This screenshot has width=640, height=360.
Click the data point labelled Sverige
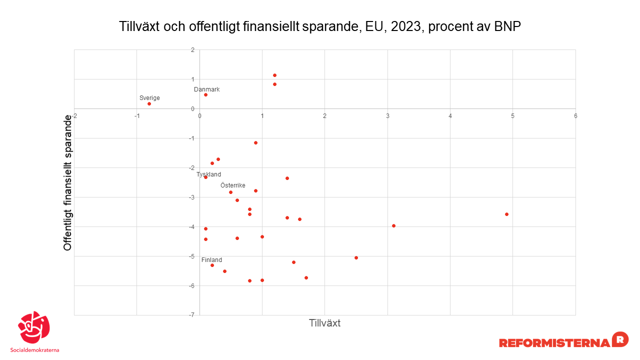(149, 103)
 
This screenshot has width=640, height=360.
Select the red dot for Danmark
(205, 94)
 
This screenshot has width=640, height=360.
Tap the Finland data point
(212, 265)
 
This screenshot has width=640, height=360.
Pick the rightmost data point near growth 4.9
(506, 214)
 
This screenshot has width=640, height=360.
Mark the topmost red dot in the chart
(274, 75)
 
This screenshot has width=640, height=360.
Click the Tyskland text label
(208, 174)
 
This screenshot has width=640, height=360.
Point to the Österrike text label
(233, 185)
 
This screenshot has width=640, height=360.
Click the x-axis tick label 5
(512, 116)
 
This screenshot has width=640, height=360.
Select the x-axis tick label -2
(74, 116)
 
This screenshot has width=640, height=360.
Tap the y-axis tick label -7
(191, 315)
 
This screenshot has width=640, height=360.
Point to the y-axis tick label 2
(192, 50)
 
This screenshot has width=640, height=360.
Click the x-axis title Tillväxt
(324, 323)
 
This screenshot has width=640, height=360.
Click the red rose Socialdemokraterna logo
(33, 328)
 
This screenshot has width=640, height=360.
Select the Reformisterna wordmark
(554, 342)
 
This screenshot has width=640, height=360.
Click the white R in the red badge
(620, 339)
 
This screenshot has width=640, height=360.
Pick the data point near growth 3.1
(393, 225)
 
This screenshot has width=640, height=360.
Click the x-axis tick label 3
(387, 116)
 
